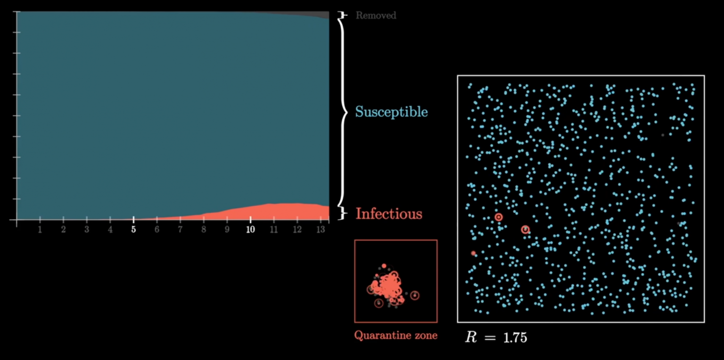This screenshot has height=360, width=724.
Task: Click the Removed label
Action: (376, 16)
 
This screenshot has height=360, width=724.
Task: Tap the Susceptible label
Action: (391, 112)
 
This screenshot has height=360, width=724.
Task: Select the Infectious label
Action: (389, 214)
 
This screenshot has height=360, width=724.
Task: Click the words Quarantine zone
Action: (396, 336)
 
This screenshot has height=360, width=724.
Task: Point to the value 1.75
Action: (515, 337)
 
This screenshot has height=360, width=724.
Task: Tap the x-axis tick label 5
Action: (133, 229)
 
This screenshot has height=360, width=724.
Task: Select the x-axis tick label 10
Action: (250, 229)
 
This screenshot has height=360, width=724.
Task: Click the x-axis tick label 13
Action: (321, 229)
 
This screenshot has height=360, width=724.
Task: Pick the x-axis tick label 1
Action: (40, 229)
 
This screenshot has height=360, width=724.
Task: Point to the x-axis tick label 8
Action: (204, 229)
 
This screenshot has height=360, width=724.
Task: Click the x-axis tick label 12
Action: (297, 229)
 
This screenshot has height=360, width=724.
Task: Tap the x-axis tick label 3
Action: (87, 229)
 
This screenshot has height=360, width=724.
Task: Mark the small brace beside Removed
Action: (343, 16)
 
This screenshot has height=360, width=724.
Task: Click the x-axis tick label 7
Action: (180, 229)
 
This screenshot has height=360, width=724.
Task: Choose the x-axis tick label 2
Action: (63, 229)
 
